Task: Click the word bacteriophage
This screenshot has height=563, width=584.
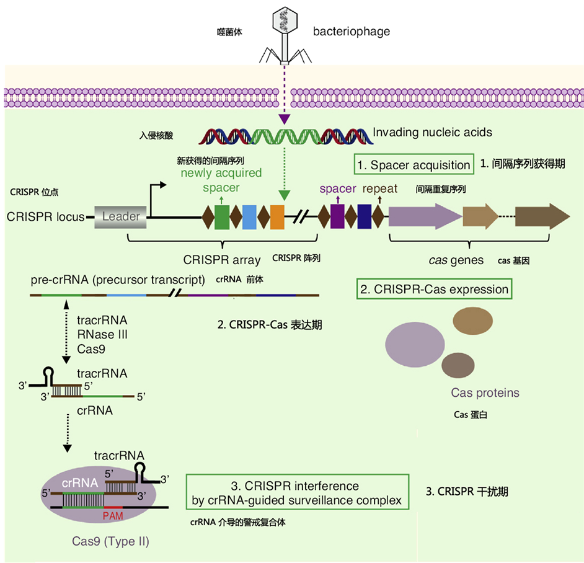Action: coord(351,32)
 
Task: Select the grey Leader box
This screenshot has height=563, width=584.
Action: coord(121,216)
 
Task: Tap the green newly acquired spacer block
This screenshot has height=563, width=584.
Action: coord(222,216)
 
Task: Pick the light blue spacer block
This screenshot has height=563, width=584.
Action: coord(249,216)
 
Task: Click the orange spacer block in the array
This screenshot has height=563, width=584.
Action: coord(277,216)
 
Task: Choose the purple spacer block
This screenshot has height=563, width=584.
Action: coord(337,216)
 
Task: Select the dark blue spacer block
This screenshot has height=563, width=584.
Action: coord(365,216)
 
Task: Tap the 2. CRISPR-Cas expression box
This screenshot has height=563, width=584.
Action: coord(435,290)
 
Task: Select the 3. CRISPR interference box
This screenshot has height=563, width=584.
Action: coord(298,492)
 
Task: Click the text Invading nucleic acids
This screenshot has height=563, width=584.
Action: coord(432,132)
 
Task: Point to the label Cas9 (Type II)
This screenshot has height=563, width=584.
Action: coord(109,541)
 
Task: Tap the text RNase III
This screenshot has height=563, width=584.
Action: coord(102,335)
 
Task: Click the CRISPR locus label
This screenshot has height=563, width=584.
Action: coord(45,217)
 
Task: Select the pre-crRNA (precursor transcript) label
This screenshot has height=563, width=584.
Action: coord(118,280)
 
